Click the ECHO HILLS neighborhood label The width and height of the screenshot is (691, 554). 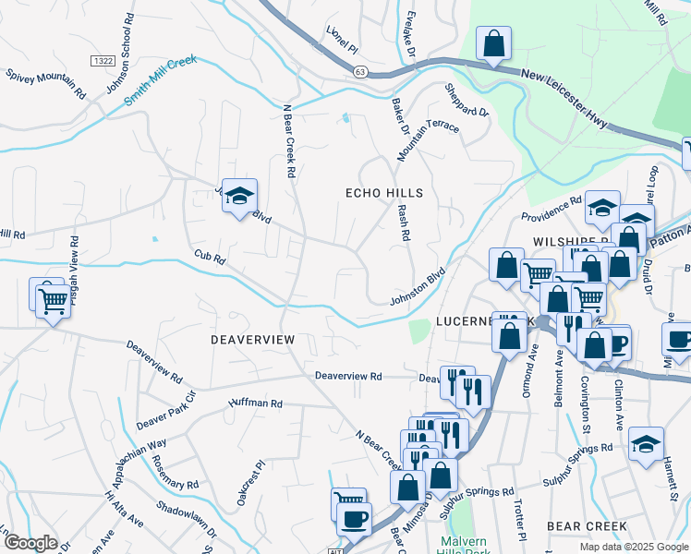click(383, 193)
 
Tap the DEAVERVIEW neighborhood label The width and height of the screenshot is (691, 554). click(252, 340)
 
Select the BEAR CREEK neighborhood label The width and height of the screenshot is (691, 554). click(588, 525)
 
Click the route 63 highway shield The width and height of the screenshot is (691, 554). click(360, 71)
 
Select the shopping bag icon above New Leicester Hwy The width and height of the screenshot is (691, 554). click(493, 43)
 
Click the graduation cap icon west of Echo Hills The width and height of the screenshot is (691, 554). click(239, 196)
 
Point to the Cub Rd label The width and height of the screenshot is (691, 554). click(210, 255)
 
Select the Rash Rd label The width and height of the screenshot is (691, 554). click(403, 223)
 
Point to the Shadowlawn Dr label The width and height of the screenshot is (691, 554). click(186, 521)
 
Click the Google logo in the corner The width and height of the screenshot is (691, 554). click(31, 543)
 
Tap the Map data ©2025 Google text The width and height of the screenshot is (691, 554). click(633, 546)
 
